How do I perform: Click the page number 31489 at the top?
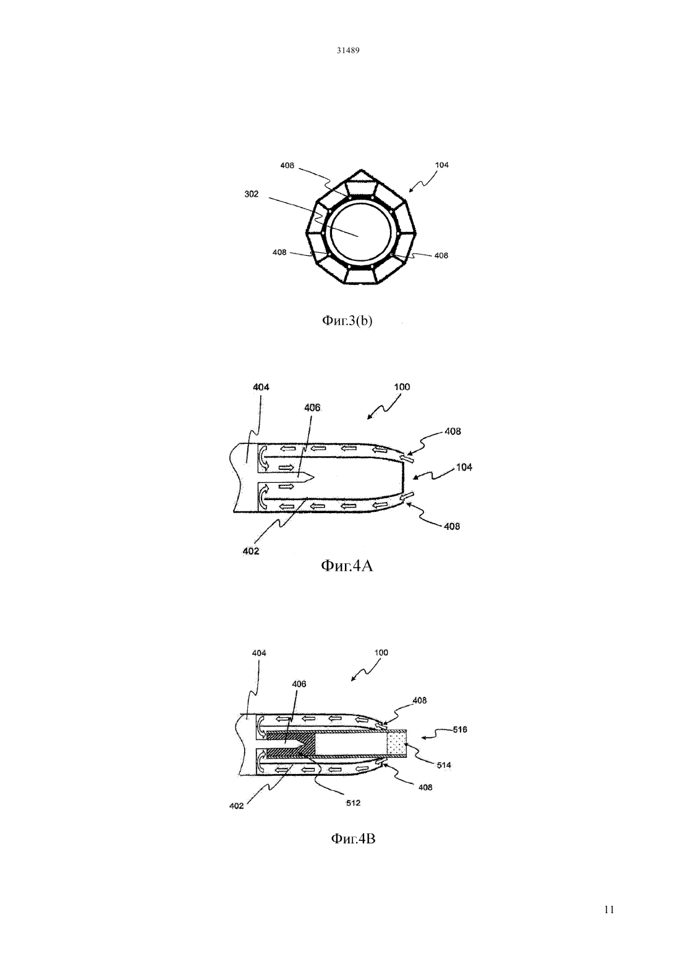click(x=347, y=51)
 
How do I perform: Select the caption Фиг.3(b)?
click(x=347, y=320)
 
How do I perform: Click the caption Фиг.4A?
click(x=347, y=566)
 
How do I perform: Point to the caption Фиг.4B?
click(x=353, y=838)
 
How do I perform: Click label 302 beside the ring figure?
click(x=252, y=194)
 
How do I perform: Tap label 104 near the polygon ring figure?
click(x=442, y=165)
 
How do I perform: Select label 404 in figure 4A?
click(x=261, y=387)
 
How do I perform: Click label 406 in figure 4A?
click(x=312, y=407)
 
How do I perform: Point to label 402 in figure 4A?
click(x=251, y=551)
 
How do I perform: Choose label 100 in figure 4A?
click(x=402, y=386)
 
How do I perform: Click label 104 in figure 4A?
click(x=464, y=467)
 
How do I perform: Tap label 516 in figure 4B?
click(x=460, y=730)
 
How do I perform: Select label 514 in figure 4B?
click(x=444, y=765)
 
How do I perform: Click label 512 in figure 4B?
click(x=354, y=802)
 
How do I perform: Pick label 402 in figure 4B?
click(x=237, y=806)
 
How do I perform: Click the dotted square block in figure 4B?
click(x=397, y=744)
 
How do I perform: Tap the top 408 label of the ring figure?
click(x=287, y=165)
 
